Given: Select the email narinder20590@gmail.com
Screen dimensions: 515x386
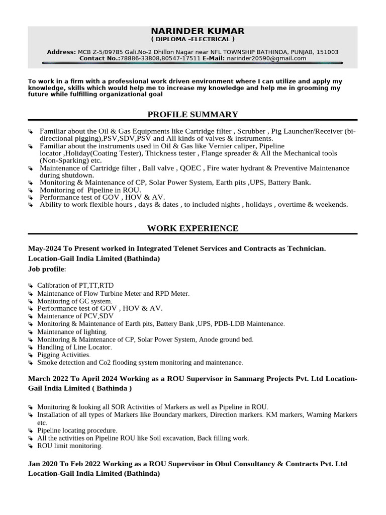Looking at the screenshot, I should click(266, 58).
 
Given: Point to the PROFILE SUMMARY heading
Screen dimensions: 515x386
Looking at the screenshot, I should click(192, 114).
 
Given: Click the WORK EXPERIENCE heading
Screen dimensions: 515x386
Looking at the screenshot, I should click(192, 228).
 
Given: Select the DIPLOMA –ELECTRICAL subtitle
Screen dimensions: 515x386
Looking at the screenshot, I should click(192, 39).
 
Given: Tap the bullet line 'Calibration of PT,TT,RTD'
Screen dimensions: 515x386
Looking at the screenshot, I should click(75, 285).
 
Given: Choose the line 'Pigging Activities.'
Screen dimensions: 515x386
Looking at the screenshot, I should click(64, 355).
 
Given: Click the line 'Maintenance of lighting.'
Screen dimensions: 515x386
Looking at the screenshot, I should click(72, 331).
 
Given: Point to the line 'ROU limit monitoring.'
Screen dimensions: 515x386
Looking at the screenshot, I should click(70, 446).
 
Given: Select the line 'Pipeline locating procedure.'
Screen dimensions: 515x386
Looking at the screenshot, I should click(77, 431).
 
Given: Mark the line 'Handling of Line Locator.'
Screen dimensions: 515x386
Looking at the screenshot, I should click(74, 347).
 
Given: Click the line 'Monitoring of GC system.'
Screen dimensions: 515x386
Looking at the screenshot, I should click(74, 300).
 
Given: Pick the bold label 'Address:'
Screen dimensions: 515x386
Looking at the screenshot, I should click(61, 52).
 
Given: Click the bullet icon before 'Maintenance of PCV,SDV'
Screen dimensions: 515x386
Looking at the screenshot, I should click(31, 316).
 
